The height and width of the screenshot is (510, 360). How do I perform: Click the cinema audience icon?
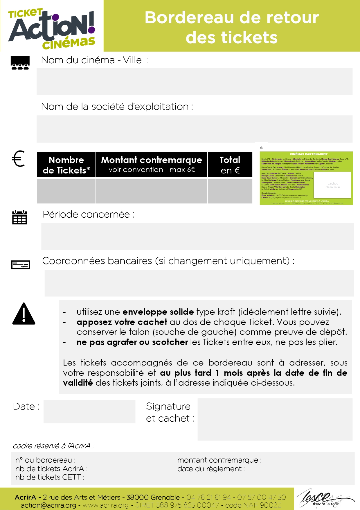[20, 63]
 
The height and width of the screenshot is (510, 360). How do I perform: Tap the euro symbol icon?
[19, 159]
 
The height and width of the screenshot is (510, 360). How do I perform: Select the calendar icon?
[19, 217]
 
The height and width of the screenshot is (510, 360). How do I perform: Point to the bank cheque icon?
[21, 265]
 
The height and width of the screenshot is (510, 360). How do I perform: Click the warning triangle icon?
[24, 314]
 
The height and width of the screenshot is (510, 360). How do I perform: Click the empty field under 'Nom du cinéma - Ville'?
[194, 81]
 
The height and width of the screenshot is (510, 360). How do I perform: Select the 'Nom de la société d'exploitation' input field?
[194, 129]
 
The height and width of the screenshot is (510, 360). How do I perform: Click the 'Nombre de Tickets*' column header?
[66, 164]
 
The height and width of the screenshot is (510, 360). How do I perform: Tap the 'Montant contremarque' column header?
[152, 164]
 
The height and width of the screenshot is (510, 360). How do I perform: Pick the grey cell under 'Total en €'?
[230, 191]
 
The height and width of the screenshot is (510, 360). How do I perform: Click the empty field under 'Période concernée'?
[197, 236]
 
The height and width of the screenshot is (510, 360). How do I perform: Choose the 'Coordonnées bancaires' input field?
[199, 283]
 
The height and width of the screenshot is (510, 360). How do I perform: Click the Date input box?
[89, 411]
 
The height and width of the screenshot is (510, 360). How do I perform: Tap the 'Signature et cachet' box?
[275, 419]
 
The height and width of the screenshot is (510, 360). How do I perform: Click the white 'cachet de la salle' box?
[332, 185]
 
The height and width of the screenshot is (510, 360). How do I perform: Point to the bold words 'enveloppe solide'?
[158, 312]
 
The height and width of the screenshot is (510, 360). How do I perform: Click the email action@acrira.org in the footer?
[48, 505]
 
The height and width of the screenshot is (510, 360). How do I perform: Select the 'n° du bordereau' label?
[45, 460]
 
